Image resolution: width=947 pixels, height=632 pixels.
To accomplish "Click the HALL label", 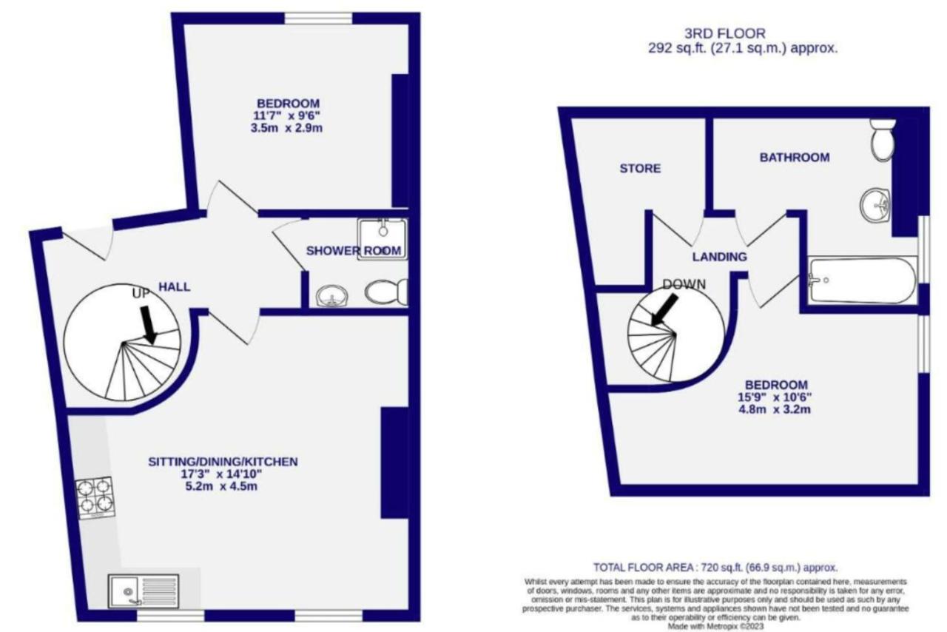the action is click(174, 287).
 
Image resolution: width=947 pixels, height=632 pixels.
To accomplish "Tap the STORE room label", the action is click(640, 169).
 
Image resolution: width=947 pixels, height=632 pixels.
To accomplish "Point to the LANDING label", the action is click(720, 257).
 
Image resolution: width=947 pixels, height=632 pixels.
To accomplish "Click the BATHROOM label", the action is click(795, 158).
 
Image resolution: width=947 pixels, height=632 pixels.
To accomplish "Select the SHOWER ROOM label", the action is click(354, 251).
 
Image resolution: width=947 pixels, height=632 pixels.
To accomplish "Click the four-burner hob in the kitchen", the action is click(95, 498).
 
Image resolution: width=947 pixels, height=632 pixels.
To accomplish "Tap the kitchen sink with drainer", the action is click(144, 591).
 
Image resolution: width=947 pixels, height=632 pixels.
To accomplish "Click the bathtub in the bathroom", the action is click(863, 280).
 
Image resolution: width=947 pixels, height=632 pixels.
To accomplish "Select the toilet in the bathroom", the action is click(883, 140).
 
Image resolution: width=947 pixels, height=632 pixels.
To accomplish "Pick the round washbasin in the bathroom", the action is click(875, 206).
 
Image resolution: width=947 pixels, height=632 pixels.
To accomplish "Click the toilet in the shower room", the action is click(386, 292).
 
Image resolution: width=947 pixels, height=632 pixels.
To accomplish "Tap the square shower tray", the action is click(382, 239).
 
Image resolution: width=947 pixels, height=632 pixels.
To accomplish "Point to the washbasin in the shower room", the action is click(332, 295).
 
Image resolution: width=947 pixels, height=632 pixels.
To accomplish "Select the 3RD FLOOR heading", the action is click(724, 33).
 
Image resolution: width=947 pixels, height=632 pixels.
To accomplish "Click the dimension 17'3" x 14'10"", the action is click(221, 474).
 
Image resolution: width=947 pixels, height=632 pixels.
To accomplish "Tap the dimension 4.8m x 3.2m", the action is click(775, 409).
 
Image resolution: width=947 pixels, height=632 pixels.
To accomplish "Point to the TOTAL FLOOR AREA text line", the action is click(715, 568).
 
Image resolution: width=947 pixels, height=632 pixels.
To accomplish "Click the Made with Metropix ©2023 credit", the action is click(715, 626).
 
